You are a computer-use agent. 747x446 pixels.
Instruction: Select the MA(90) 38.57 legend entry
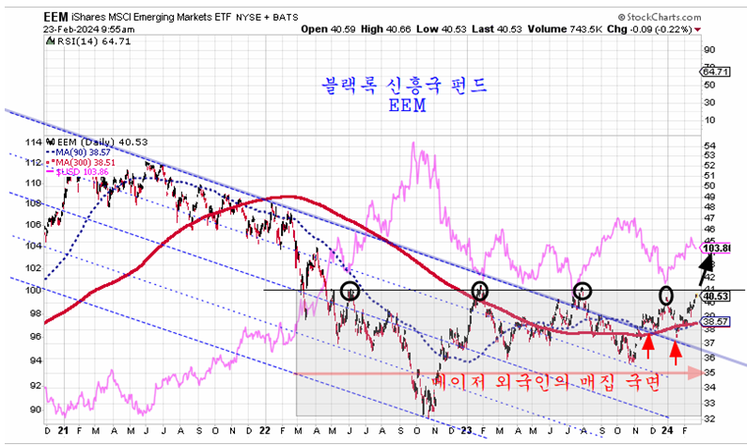tap(88, 151)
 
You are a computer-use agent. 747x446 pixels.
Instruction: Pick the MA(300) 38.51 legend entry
tap(90, 161)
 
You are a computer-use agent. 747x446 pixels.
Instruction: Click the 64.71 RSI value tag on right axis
tap(716, 72)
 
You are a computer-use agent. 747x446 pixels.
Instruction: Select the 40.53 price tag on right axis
tap(716, 296)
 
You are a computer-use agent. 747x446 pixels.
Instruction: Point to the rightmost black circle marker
tap(665, 295)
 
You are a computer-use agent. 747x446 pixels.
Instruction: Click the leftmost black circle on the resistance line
tap(350, 291)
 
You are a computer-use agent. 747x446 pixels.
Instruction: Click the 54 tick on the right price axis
tap(710, 146)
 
